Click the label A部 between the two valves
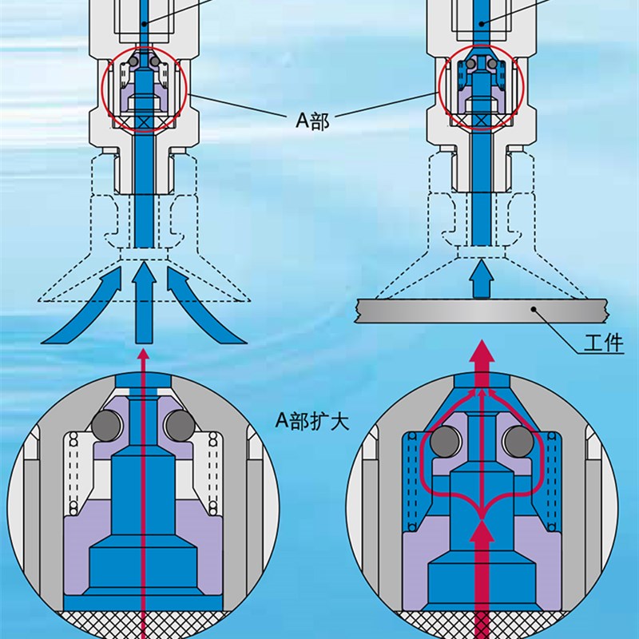312,120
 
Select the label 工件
603,343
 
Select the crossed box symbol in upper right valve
481,120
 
